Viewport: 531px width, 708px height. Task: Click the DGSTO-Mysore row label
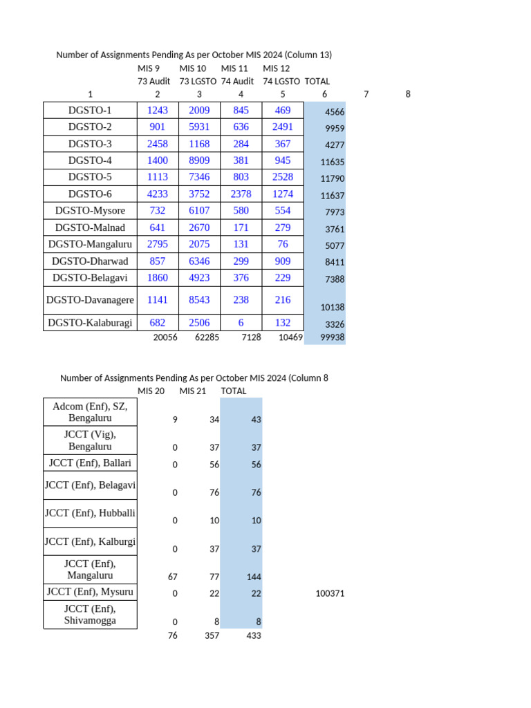90,211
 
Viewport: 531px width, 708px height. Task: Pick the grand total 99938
333,337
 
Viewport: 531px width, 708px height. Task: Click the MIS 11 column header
234,68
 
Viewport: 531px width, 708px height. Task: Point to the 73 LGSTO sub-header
198,81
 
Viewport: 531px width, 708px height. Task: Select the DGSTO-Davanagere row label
90,299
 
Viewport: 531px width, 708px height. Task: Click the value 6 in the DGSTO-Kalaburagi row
241,322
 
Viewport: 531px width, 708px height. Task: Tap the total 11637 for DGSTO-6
332,196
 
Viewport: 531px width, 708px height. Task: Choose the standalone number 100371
329,593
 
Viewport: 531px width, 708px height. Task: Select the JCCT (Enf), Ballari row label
90,463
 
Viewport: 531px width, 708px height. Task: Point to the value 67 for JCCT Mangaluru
173,577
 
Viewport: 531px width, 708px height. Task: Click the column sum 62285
205,337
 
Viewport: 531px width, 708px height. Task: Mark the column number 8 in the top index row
408,94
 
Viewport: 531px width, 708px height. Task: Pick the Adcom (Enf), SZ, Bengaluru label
90,412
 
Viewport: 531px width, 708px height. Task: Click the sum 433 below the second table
253,635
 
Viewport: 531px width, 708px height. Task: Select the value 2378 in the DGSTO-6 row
241,194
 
